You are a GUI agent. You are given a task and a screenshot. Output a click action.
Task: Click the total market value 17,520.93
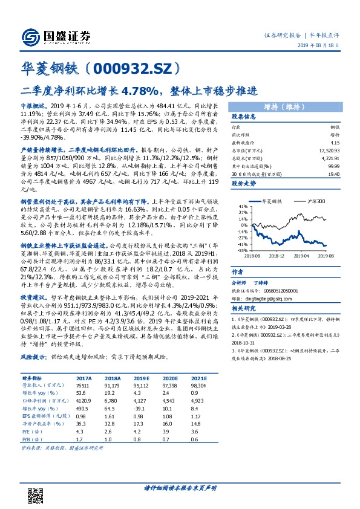pos(330,149)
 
